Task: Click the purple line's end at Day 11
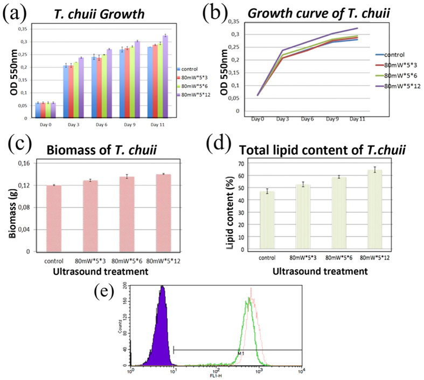(x=358, y=28)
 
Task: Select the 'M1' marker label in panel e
(x=241, y=353)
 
